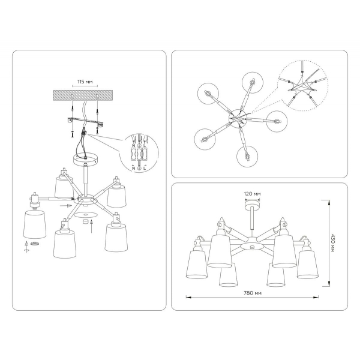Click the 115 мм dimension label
click(x=84, y=81)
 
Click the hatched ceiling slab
click(x=85, y=96)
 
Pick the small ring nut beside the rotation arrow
click(x=35, y=244)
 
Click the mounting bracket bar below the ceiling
click(x=85, y=123)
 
